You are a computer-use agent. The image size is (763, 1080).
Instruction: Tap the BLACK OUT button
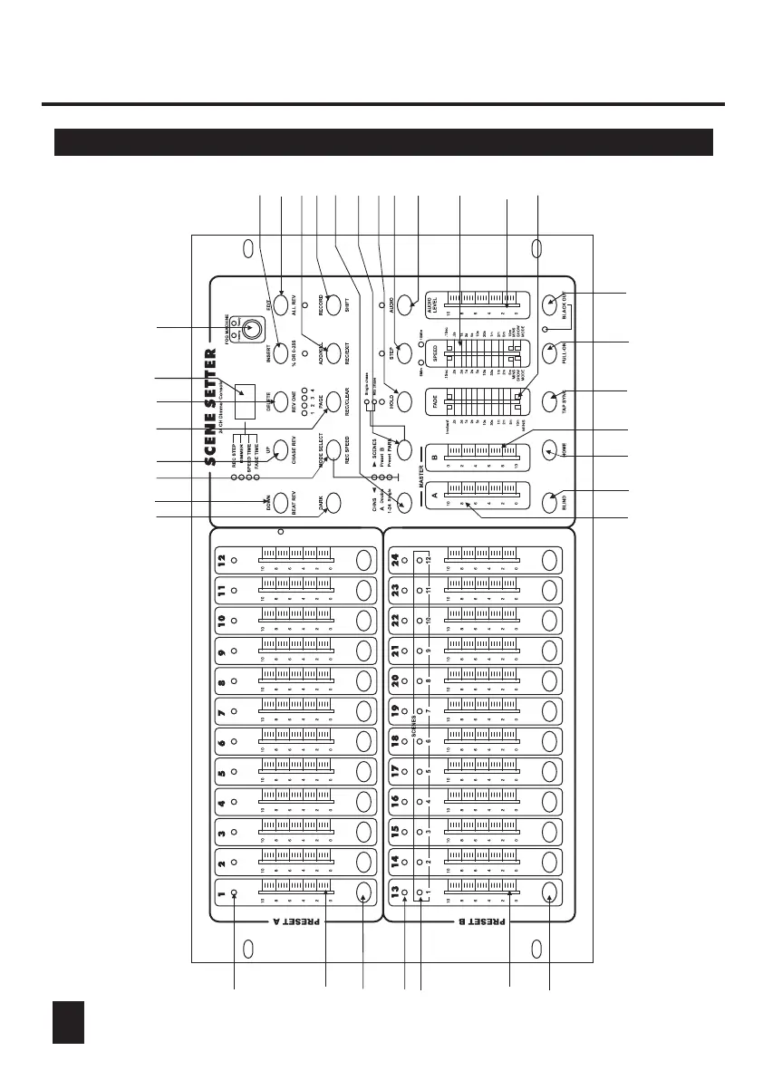pyautogui.click(x=554, y=304)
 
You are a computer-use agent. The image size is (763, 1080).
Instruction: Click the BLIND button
pyautogui.click(x=554, y=501)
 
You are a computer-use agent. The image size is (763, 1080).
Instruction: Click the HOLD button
pyautogui.click(x=405, y=400)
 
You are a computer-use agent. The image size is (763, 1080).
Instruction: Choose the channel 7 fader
pyautogui.click(x=295, y=714)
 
